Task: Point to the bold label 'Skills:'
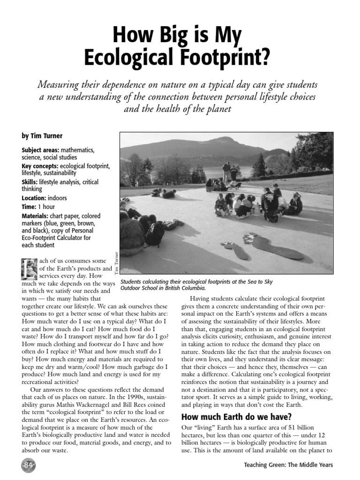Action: (29, 182)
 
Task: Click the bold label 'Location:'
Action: (33, 198)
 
